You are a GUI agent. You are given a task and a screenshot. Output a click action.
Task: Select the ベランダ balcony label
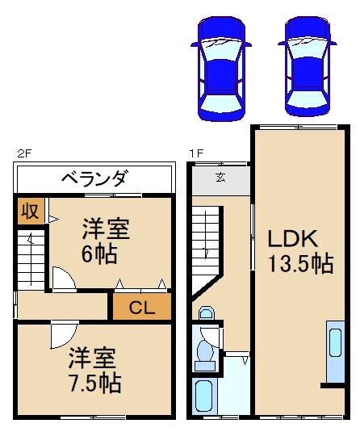[x=94, y=178]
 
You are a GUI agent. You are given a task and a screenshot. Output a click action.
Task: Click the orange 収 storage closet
[x=29, y=212]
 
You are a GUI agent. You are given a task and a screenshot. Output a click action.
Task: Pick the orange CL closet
[x=141, y=307]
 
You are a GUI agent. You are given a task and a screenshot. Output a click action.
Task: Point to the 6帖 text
[x=98, y=254]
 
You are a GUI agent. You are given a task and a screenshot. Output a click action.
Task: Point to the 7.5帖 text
[x=94, y=383]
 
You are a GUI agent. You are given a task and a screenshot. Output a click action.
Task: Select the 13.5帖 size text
[x=299, y=264]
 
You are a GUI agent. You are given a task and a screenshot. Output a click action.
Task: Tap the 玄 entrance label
[x=220, y=178]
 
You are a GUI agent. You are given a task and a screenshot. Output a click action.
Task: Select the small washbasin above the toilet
[x=205, y=314]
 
